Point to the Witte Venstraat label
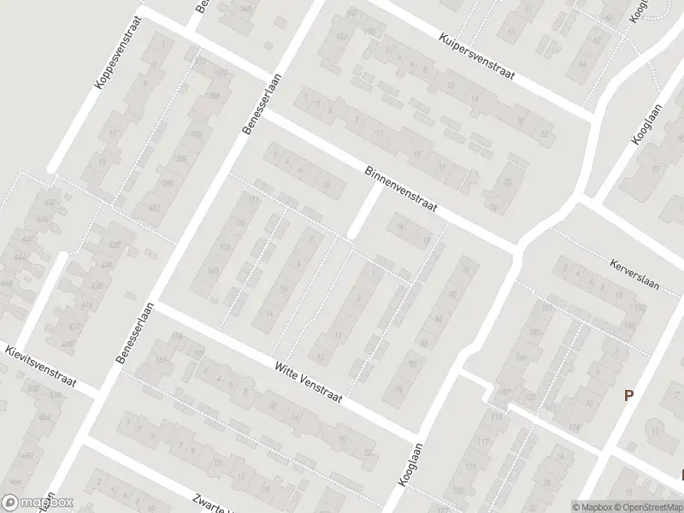308,380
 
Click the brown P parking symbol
629,395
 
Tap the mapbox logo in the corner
36,503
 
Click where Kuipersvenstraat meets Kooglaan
593,119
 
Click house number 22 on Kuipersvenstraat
544,134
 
